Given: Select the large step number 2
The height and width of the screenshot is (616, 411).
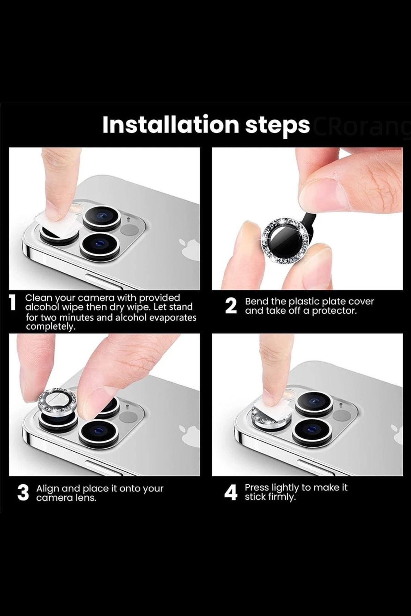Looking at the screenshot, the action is (231, 306).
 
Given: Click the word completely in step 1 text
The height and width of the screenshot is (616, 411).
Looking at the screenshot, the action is (50, 327).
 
